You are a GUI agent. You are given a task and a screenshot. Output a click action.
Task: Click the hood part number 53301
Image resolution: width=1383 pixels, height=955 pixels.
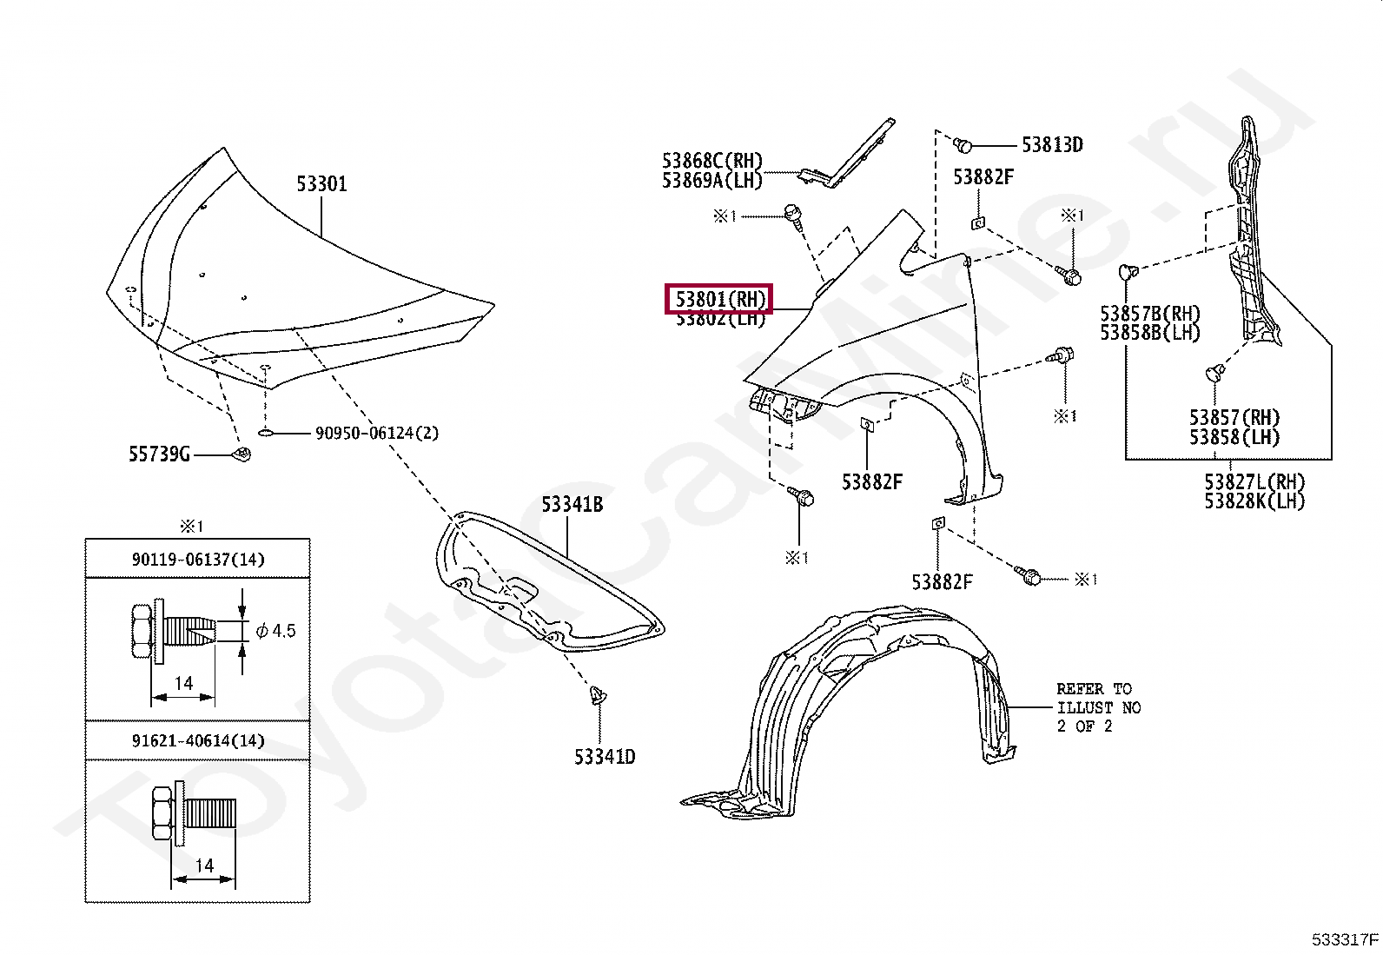click(321, 183)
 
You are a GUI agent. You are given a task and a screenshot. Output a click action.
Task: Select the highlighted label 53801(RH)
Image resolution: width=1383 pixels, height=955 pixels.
click(719, 300)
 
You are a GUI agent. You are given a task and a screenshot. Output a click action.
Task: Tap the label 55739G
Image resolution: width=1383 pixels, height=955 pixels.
click(159, 454)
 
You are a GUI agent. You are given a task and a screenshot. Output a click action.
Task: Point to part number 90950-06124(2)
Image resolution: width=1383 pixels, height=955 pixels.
click(376, 433)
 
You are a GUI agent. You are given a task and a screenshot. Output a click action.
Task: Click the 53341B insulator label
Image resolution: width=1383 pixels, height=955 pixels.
click(572, 504)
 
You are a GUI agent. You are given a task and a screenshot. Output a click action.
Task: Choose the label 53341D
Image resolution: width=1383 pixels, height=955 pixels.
click(604, 757)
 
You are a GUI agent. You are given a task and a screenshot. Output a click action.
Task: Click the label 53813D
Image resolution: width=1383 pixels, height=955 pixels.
click(1051, 145)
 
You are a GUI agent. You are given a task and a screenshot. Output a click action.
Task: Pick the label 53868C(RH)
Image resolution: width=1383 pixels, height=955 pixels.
click(711, 161)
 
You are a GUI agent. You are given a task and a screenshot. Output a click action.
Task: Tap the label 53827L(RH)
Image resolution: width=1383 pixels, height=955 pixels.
click(1254, 481)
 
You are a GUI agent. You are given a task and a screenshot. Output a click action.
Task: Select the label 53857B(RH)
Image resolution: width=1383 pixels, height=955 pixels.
click(1149, 313)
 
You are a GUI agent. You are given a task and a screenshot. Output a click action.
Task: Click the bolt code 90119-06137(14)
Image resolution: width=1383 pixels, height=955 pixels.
click(198, 560)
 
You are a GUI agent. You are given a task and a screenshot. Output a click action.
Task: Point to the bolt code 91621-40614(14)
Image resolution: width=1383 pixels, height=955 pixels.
click(198, 740)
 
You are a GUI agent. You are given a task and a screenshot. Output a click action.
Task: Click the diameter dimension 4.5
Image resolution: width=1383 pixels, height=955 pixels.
click(284, 630)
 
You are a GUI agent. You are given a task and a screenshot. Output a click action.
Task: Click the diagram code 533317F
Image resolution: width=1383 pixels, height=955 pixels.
click(1345, 938)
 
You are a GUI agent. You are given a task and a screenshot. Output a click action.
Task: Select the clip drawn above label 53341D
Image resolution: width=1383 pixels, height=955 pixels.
click(598, 694)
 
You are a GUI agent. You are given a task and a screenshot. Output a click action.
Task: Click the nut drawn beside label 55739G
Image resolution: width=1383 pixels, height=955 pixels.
click(244, 454)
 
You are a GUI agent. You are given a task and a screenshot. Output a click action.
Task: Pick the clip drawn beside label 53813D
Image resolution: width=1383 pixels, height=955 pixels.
click(962, 144)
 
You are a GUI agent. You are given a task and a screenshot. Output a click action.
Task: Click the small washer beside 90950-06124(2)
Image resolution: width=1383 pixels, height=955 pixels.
click(267, 432)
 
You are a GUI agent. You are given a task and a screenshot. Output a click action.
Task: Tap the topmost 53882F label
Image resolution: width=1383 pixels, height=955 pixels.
click(983, 177)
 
